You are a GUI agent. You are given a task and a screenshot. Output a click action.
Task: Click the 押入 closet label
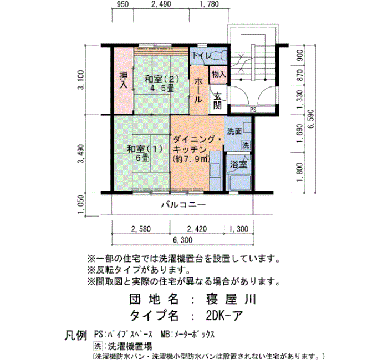124,80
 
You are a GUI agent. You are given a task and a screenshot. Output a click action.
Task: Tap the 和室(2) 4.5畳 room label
162,84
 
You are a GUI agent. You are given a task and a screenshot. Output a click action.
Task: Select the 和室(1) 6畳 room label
145,153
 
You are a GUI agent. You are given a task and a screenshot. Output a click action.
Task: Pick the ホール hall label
198,90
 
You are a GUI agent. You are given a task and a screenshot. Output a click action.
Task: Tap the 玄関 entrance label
217,101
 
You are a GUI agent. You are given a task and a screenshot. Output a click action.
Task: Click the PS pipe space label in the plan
253,110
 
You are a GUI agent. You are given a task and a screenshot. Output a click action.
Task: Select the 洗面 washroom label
234,131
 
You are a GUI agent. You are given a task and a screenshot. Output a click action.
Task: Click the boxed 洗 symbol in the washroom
246,145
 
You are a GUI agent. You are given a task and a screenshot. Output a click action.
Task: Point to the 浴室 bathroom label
238,164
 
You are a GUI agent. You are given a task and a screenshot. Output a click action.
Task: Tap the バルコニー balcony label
183,205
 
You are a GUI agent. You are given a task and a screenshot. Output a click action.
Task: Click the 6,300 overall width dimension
182,240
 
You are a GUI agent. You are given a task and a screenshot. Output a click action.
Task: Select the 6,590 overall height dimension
311,119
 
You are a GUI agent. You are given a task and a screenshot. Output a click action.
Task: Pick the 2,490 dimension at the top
161,4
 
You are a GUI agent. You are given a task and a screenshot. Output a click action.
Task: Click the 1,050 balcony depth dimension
81,204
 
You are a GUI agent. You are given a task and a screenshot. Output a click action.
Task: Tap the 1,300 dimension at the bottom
238,229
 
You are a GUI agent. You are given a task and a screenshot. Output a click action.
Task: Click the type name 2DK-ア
224,315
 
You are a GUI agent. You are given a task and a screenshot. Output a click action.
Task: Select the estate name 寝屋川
231,299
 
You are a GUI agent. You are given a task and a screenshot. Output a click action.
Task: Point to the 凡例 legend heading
76,335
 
